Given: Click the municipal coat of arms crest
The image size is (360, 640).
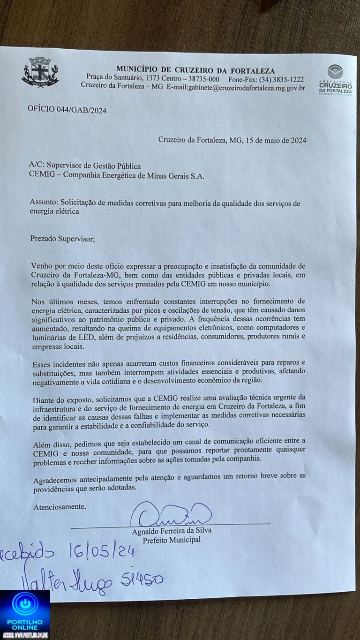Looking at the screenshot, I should (x=40, y=72).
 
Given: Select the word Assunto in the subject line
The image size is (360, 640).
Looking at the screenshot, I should (x=44, y=203).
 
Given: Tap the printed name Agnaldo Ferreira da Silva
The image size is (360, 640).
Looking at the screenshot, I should (x=172, y=531).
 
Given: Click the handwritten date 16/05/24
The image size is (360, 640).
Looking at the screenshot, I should (x=102, y=552).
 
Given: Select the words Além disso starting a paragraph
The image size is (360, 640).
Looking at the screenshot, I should (x=50, y=441).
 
